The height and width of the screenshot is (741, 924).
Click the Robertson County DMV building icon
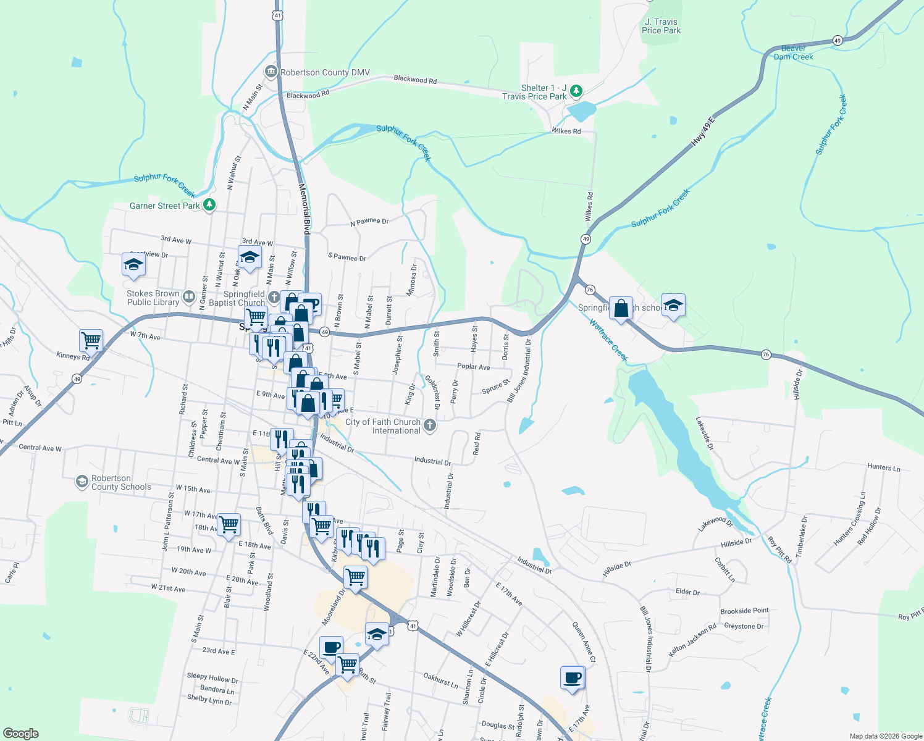271,72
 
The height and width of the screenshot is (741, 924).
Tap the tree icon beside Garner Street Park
209,205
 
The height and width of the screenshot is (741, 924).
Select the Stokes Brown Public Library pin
189,298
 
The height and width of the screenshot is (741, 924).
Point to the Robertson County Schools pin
82,482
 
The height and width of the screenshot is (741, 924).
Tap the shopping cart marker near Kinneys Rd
91,340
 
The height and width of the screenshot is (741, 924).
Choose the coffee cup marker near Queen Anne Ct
573,677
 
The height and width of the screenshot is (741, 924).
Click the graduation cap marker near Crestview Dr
133,264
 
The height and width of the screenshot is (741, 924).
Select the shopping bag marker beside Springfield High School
621,308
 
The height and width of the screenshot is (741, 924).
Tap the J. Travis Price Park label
661,26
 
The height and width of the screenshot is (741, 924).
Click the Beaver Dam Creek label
793,52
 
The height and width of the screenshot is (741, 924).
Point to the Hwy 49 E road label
702,131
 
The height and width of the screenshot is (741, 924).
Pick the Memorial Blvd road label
304,209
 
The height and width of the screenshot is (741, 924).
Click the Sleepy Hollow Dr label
212,678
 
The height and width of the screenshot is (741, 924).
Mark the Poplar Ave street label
473,367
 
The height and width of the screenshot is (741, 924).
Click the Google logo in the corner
20,733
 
